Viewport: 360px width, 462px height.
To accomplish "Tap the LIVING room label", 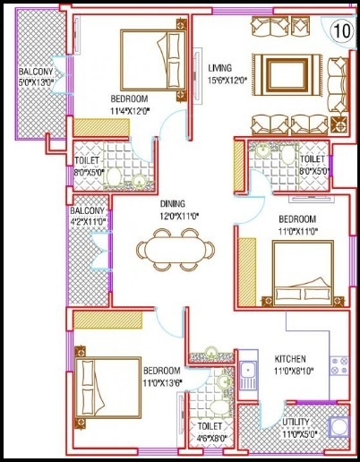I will tap(221, 68).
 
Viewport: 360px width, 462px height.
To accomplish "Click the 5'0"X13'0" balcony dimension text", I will tap(30, 83).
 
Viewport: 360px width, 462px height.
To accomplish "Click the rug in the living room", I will tap(286, 72).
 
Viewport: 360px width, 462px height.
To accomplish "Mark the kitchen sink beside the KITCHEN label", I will tap(248, 376).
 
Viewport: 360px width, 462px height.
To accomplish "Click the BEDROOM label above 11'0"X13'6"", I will tap(162, 371).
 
